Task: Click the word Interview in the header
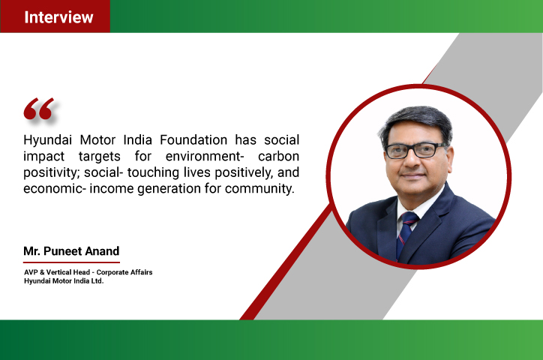pyautogui.click(x=58, y=17)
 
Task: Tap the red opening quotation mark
pyautogui.click(x=38, y=109)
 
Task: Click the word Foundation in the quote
pyautogui.click(x=193, y=139)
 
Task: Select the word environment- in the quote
pyautogui.click(x=205, y=156)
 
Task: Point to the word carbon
pyautogui.click(x=278, y=156)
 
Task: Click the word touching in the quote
pyautogui.click(x=153, y=172)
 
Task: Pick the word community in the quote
pyautogui.click(x=259, y=189)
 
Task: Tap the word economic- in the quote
pyautogui.click(x=54, y=189)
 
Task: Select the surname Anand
pyautogui.click(x=102, y=251)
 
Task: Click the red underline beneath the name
pyautogui.click(x=71, y=262)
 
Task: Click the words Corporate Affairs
pyautogui.click(x=124, y=272)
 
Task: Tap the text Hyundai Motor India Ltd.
pyautogui.click(x=64, y=280)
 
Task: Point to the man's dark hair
pyautogui.click(x=416, y=122)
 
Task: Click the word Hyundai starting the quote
pyautogui.click(x=47, y=140)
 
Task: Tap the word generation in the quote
pyautogui.click(x=169, y=189)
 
